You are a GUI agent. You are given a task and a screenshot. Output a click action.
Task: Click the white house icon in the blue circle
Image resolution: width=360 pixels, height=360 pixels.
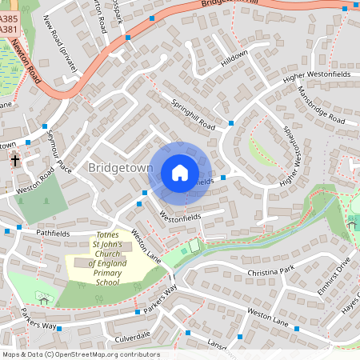pos(180,172)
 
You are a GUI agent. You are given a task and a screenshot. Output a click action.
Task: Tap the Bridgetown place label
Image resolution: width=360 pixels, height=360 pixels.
pos(119,168)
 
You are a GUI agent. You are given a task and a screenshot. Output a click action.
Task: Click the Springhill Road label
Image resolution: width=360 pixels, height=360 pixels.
pos(192,114)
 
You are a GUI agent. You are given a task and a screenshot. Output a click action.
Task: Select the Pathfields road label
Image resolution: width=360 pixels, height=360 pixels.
pos(53,234)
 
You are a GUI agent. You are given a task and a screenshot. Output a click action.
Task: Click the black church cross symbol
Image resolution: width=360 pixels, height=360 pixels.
pos(14,161)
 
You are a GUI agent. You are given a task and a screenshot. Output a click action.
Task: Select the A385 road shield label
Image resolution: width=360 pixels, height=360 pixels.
pos(9,18)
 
